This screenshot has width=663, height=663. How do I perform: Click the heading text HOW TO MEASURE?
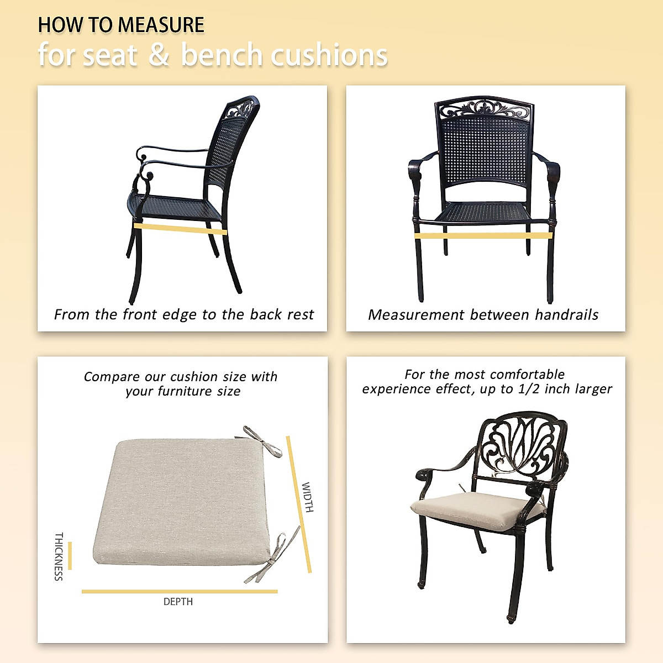(121, 25)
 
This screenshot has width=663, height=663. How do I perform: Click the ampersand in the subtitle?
(159, 55)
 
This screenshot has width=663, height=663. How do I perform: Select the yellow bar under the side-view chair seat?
(180, 229)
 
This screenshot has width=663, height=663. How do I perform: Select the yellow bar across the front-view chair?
(483, 236)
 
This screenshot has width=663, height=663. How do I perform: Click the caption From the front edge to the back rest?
(183, 314)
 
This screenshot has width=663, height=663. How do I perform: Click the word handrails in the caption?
(566, 315)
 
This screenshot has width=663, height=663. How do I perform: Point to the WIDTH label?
(308, 497)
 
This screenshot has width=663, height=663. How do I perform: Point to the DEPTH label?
(178, 602)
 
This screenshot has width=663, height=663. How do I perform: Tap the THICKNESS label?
(59, 556)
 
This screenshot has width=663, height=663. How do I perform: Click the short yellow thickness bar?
(70, 556)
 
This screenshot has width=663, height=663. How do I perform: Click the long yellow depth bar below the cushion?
(180, 591)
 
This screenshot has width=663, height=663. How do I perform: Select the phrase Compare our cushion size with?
(181, 377)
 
